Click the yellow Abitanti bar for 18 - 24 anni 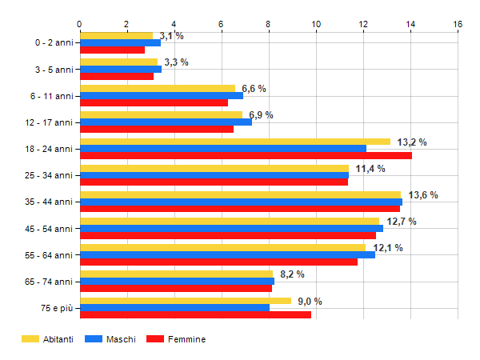pyautogui.click(x=235, y=142)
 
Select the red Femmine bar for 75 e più pyautogui.click(x=195, y=314)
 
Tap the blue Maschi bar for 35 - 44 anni pyautogui.click(x=241, y=202)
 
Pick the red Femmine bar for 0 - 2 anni pyautogui.click(x=112, y=50)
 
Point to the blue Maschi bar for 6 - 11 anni pyautogui.click(x=161, y=95)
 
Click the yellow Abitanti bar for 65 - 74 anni pyautogui.click(x=176, y=274)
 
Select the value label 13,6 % pyautogui.click(x=423, y=195)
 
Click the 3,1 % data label pyautogui.click(x=171, y=36)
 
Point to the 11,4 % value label pyautogui.click(x=370, y=169)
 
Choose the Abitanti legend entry pyautogui.click(x=47, y=339)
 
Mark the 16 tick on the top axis pyautogui.click(x=458, y=24)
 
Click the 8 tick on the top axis pyautogui.click(x=269, y=24)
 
